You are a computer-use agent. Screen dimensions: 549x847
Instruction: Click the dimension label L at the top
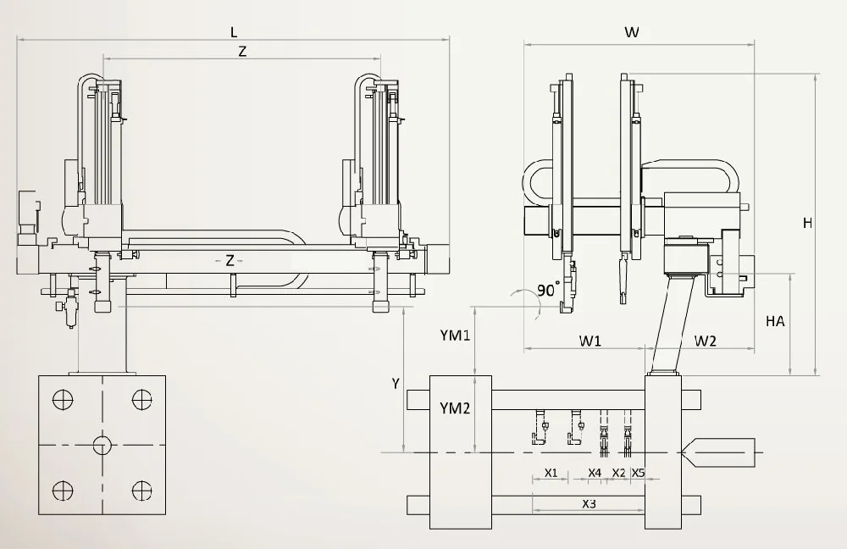tap(234, 31)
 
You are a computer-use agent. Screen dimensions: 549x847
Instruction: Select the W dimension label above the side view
tap(631, 32)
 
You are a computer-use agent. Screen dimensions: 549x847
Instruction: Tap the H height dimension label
tap(807, 223)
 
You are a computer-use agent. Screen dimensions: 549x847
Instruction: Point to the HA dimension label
tap(774, 321)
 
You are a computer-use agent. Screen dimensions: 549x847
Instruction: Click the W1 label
tap(590, 341)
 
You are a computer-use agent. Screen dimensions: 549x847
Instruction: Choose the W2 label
tap(706, 341)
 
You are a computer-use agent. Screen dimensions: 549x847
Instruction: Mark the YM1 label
tap(455, 335)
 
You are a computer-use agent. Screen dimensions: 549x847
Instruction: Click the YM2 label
tap(455, 408)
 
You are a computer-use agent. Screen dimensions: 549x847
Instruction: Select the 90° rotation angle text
tap(549, 290)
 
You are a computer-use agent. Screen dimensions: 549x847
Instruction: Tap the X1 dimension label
tap(551, 472)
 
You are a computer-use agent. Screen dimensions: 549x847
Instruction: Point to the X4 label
tap(595, 472)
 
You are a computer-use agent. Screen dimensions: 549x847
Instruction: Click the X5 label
tap(639, 472)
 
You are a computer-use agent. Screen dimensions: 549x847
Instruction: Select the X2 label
tap(618, 472)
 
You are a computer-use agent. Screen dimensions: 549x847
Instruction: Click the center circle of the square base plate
tap(102, 445)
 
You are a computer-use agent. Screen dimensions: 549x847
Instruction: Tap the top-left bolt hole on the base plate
tap(62, 399)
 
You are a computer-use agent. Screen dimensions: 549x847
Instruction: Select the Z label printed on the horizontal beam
tap(230, 260)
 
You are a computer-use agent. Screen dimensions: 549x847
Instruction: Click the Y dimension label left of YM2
tap(395, 383)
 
